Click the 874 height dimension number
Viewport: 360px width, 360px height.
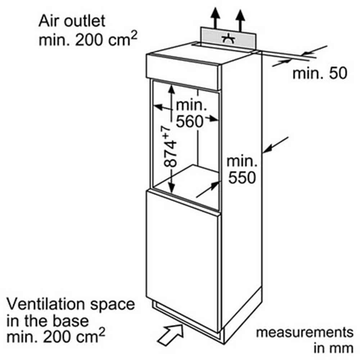[170, 154]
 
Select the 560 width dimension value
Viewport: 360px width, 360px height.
[190, 121]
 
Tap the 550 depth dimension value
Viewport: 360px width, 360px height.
[242, 177]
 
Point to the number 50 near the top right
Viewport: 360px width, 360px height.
[338, 73]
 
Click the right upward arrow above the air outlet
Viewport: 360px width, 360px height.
[240, 20]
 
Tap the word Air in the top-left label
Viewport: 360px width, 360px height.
[49, 21]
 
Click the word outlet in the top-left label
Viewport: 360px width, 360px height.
[85, 21]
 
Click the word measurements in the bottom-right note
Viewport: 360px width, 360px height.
[305, 333]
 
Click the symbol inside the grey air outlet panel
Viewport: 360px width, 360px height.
[228, 40]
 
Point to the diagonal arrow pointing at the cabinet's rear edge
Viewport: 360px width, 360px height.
[275, 145]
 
